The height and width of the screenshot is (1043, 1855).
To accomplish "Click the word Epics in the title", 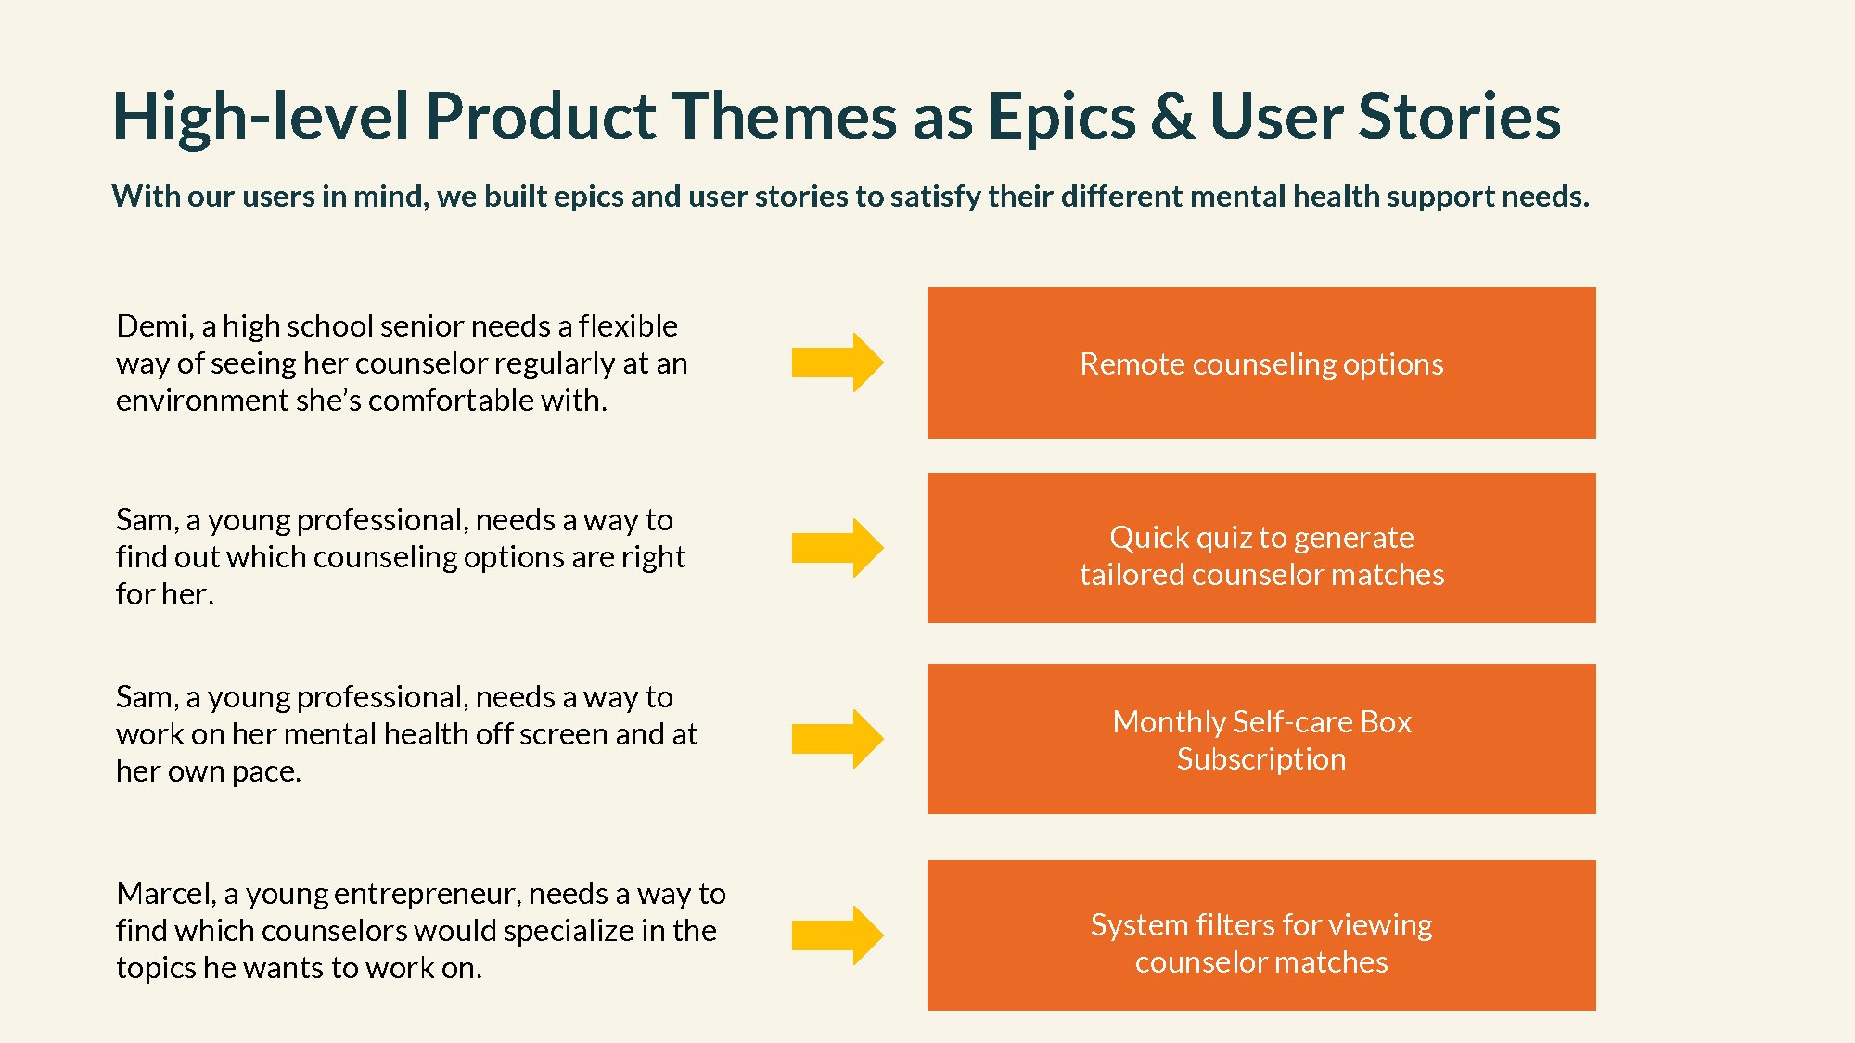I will [1061, 118].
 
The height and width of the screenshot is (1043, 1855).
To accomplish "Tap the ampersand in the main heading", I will [1173, 118].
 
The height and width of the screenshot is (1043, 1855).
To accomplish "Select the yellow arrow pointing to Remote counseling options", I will [837, 363].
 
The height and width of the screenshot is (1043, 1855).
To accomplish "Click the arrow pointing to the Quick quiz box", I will [837, 548].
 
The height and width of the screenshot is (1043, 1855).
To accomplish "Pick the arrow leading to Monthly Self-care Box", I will [837, 739].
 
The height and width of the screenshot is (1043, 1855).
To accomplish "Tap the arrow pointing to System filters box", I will [837, 935].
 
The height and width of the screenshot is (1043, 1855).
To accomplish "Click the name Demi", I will [152, 326].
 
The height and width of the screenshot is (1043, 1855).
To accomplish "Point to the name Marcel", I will [164, 894].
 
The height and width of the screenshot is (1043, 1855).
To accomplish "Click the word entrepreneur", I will [429, 894].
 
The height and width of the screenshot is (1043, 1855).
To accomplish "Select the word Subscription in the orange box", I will [1261, 759].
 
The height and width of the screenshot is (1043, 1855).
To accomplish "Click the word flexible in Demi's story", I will [628, 326].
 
